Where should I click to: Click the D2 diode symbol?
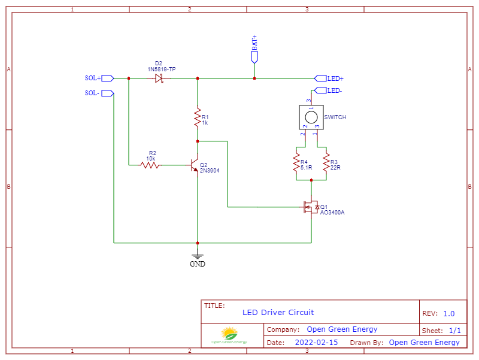coord(159,78)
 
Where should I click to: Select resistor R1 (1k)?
coord(197,117)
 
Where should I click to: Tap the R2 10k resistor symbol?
coord(150,164)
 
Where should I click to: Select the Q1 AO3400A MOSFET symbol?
coord(310,207)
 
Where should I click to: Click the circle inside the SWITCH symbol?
coord(311,117)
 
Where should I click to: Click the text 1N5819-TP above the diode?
coord(162,69)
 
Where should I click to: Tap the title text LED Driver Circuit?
coord(278,312)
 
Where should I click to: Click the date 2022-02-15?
coord(316,343)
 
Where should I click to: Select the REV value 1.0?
coord(449,313)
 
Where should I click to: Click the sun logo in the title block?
coord(229,333)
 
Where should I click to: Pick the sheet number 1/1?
coord(454,330)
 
